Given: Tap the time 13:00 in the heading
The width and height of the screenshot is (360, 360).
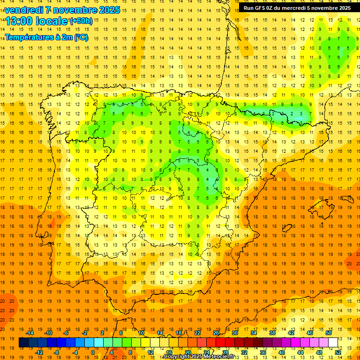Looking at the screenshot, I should pyautogui.click(x=21, y=21).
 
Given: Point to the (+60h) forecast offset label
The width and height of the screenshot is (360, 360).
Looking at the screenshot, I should pyautogui.click(x=81, y=21).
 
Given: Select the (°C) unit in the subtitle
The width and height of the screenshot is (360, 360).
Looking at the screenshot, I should pyautogui.click(x=80, y=37).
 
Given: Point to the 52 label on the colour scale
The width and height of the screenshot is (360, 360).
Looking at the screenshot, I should pyautogui.click(x=338, y=352).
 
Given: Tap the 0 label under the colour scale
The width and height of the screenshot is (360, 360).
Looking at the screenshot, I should pyautogui.click(x=93, y=352).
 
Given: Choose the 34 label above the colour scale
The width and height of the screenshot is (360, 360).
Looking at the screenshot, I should pyautogui.click(x=254, y=333).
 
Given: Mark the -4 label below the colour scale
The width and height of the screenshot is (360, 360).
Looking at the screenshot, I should pyautogui.click(x=75, y=352).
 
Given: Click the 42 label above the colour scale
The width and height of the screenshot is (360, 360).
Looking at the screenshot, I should pyautogui.click(x=291, y=333).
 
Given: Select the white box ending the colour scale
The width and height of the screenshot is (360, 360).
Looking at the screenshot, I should pyautogui.click(x=333, y=343).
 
